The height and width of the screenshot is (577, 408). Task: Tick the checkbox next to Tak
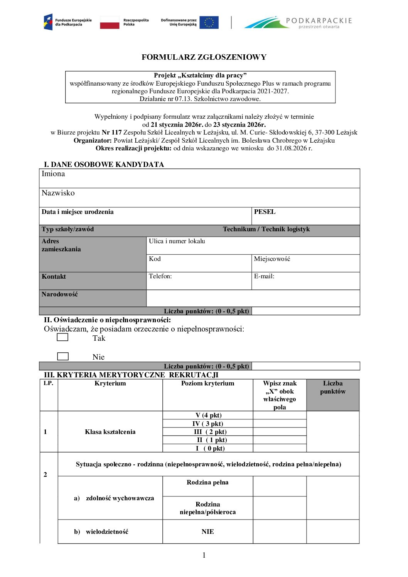pyautogui.click(x=62, y=337)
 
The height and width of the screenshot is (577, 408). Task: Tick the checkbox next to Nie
pyautogui.click(x=63, y=357)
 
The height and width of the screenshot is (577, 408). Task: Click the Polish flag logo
pyautogui.click(x=110, y=22)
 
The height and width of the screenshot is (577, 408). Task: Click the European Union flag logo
pyautogui.click(x=209, y=22)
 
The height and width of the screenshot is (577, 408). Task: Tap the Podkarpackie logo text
pyautogui.click(x=319, y=20)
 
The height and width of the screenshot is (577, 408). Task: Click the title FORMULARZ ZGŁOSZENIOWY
pyautogui.click(x=204, y=57)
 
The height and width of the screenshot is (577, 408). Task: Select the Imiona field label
pyautogui.click(x=53, y=174)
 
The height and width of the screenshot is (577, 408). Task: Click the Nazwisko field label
pyautogui.click(x=58, y=193)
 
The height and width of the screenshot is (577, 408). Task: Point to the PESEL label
pyautogui.click(x=265, y=212)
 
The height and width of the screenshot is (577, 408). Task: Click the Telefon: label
pyautogui.click(x=160, y=276)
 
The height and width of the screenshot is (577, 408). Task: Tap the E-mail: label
pyautogui.click(x=264, y=276)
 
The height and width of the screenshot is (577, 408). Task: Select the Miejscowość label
pyautogui.click(x=272, y=259)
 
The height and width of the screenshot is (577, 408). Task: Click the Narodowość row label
pyautogui.click(x=60, y=294)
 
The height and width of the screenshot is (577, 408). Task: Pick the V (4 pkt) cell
pyautogui.click(x=208, y=416)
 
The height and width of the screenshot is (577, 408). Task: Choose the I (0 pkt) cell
pyautogui.click(x=208, y=448)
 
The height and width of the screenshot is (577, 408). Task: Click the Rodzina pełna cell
pyautogui.click(x=207, y=483)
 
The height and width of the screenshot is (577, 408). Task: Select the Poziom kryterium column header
pyautogui.click(x=207, y=384)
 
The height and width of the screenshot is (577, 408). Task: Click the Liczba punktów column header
pyautogui.click(x=333, y=387)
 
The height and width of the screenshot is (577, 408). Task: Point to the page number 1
pyautogui.click(x=204, y=555)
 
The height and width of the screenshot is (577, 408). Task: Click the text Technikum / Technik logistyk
pyautogui.click(x=266, y=229)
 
